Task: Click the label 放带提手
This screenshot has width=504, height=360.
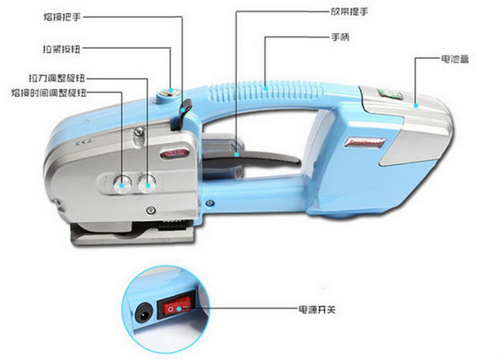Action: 342,12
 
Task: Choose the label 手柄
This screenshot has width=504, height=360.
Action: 341,37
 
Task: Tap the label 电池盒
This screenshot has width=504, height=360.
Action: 454,60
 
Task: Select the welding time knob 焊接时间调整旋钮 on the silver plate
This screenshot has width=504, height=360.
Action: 123,181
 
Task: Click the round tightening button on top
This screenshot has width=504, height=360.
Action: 169,91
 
